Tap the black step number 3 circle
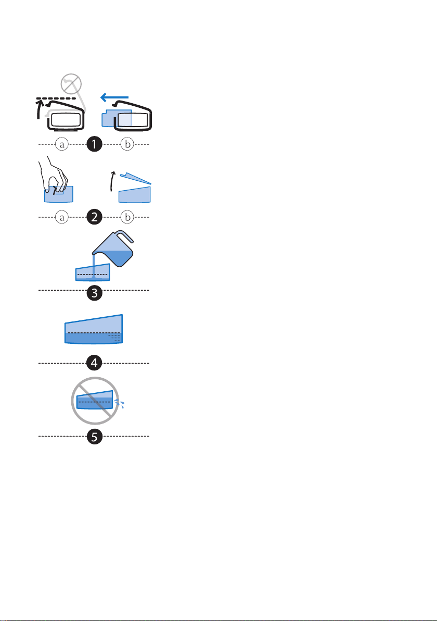point(94,293)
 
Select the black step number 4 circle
point(94,363)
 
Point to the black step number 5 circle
point(94,437)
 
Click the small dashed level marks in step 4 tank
point(115,338)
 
